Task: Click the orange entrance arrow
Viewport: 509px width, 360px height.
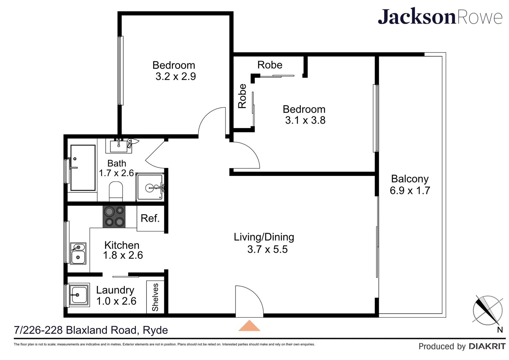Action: pos(249,326)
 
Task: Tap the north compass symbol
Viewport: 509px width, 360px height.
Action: pos(487,310)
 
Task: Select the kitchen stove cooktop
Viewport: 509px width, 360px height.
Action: pos(114,217)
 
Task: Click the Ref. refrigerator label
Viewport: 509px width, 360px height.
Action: pos(150,218)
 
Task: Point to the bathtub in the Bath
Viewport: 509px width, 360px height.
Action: pos(83,168)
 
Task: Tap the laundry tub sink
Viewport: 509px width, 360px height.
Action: pos(79,295)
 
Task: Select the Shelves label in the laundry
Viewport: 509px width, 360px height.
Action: pos(155,297)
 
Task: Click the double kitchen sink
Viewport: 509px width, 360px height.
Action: pos(78,253)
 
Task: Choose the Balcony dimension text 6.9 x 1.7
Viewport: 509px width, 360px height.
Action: pos(410,191)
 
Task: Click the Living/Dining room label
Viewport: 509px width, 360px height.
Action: pos(264,237)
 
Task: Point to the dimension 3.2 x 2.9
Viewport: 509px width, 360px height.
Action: pos(176,76)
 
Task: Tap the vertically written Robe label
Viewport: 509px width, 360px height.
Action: pos(242,96)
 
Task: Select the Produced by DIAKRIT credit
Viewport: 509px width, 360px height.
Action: pos(462,346)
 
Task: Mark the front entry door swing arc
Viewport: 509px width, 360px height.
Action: pos(250,300)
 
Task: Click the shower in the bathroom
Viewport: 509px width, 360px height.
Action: pos(150,187)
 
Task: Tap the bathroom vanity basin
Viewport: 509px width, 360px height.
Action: pos(119,146)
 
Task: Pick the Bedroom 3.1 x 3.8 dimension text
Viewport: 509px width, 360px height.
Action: pos(305,120)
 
